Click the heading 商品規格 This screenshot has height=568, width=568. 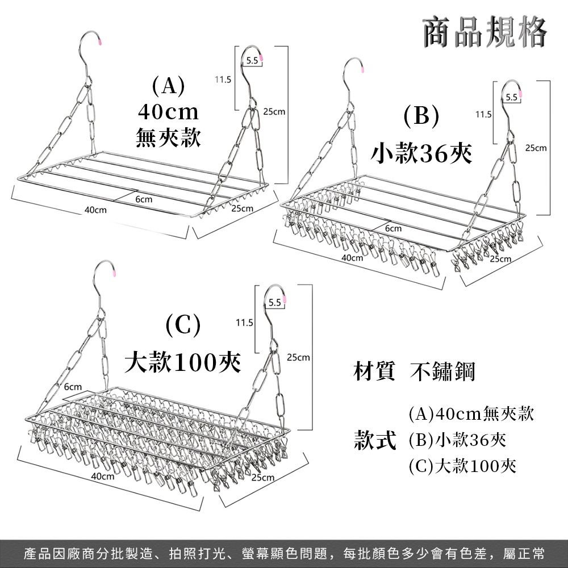tap(485, 32)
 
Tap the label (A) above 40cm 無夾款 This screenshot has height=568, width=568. tap(169, 86)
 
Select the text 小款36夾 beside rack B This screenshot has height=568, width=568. tap(421, 153)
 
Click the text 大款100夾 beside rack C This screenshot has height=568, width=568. tap(182, 362)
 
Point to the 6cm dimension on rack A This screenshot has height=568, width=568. tap(144, 199)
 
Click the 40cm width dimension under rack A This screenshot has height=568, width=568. tap(95, 210)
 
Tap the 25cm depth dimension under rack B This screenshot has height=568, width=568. tap(500, 258)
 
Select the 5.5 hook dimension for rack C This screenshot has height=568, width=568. tap(275, 303)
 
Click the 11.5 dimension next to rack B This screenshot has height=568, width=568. tap(483, 115)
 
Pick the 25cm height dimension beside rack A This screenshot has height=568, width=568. tap(274, 111)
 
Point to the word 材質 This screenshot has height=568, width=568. tap(374, 371)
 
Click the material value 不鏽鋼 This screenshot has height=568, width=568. tap(442, 371)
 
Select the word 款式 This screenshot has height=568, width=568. tap(375, 440)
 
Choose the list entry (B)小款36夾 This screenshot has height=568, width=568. tap(457, 440)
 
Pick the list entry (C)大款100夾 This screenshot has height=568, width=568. tap(462, 466)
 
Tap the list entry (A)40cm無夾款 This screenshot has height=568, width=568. tap(471, 414)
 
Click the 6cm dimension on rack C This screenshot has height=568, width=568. tap(73, 387)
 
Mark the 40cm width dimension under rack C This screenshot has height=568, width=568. tap(102, 476)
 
